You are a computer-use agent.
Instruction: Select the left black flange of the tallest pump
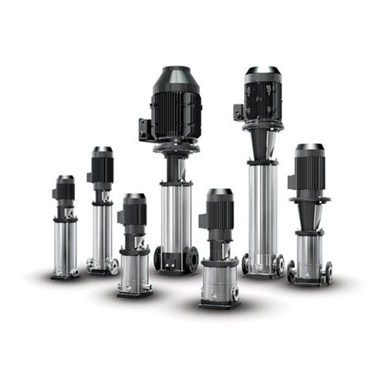click(x=158, y=259)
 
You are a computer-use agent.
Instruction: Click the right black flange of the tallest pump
click(x=194, y=259)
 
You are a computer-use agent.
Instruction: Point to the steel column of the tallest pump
click(x=176, y=214)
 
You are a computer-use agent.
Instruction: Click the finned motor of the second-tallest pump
click(x=263, y=97)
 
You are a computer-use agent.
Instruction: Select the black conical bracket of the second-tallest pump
click(x=263, y=148)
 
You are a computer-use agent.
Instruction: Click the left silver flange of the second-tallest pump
click(x=246, y=264)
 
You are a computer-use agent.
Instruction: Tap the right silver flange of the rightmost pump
click(x=328, y=272)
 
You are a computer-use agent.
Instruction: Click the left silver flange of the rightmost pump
click(x=292, y=272)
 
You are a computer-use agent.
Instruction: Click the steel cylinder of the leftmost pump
click(x=65, y=247)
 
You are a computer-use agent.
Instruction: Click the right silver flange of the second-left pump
click(x=114, y=266)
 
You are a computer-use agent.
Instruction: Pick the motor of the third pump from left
click(x=134, y=213)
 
